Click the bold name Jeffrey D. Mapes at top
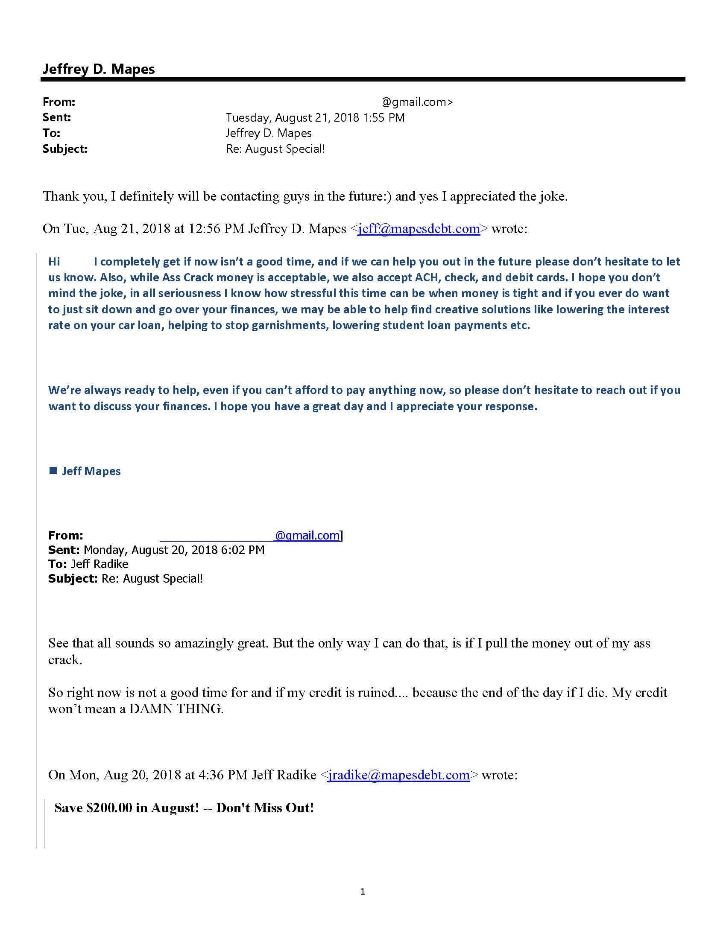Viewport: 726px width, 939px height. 99,69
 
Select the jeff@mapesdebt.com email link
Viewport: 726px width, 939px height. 419,229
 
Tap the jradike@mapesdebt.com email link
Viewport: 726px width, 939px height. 398,775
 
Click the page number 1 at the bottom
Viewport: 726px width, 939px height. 363,892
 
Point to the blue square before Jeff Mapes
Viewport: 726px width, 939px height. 53,471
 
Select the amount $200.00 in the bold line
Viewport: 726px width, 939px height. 109,808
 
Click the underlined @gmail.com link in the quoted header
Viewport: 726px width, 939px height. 307,536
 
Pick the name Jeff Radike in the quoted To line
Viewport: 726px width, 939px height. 100,564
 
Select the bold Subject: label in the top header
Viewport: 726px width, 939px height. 65,149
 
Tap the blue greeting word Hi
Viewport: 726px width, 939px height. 54,261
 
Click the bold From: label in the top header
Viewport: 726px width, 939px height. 59,102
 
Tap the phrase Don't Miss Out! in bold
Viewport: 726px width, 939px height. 265,808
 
